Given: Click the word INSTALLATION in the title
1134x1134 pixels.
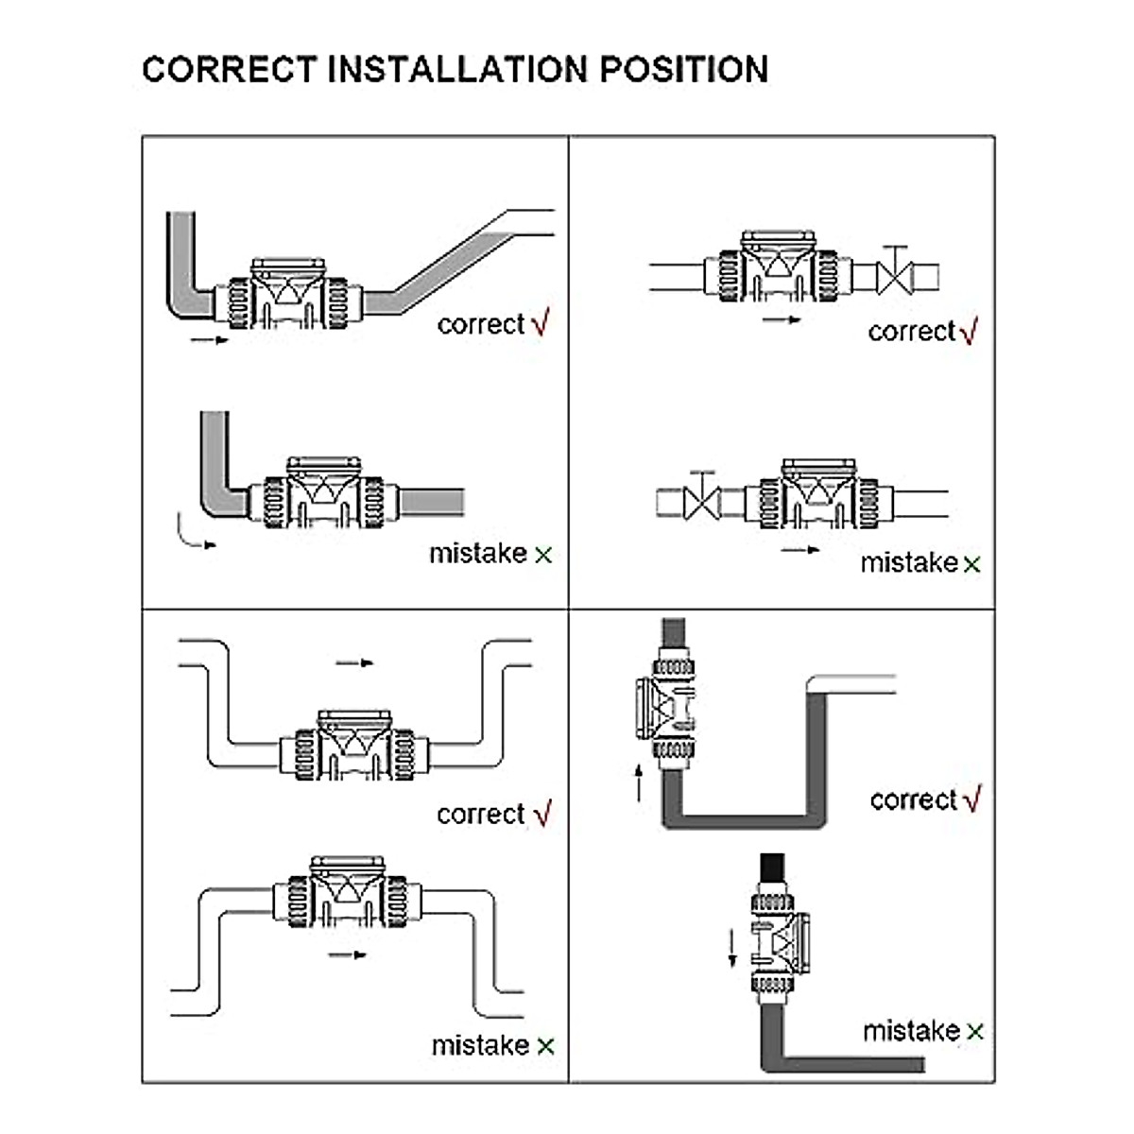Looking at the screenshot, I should click(456, 70).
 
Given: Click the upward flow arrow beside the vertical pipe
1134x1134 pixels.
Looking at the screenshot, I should click(640, 783).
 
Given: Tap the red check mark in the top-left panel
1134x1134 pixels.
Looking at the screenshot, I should click(541, 322).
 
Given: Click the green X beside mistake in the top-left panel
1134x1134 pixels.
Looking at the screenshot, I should click(543, 556).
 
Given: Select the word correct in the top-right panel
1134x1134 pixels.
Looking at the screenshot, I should click(911, 332).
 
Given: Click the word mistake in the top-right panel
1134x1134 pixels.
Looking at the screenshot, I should click(908, 563).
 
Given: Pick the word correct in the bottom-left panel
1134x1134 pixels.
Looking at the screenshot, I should click(480, 815).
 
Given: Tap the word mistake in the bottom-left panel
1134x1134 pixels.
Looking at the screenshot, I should click(480, 1046).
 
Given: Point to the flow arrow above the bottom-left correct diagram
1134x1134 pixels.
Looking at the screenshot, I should click(354, 663).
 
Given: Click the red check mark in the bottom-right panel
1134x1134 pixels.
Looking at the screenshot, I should click(972, 799).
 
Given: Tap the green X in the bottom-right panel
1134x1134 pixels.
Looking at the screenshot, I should click(974, 1032).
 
